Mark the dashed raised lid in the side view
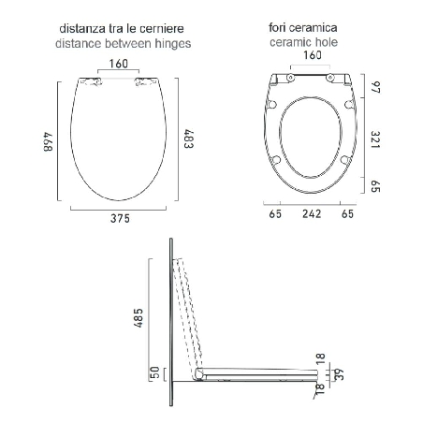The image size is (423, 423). click(x=190, y=314)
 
